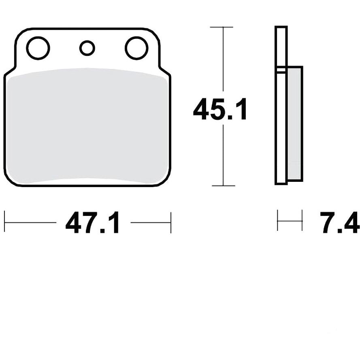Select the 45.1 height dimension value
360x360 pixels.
point(220,109)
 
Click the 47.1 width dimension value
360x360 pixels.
point(92,222)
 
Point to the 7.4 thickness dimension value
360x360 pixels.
point(340,222)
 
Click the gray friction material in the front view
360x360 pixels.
point(87,126)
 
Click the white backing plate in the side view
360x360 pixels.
point(281,105)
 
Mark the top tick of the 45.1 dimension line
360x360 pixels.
point(222,27)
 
